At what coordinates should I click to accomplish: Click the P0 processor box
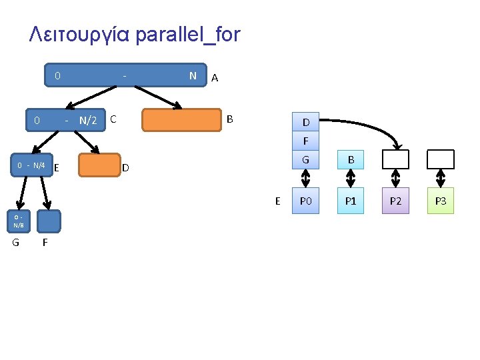pyautogui.click(x=305, y=201)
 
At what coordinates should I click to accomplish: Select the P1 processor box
pyautogui.click(x=351, y=201)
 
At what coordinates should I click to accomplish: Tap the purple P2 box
pyautogui.click(x=395, y=201)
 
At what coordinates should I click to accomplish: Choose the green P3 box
pyautogui.click(x=440, y=201)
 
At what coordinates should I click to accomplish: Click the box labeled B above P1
pyautogui.click(x=351, y=159)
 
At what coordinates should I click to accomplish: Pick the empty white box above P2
pyautogui.click(x=395, y=159)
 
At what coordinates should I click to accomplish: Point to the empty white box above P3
pyautogui.click(x=440, y=159)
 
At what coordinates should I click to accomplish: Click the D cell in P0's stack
pyautogui.click(x=305, y=123)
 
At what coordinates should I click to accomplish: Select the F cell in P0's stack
pyautogui.click(x=305, y=141)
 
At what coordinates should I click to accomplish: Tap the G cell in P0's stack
pyautogui.click(x=305, y=159)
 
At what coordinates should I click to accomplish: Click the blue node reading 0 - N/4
pyautogui.click(x=31, y=165)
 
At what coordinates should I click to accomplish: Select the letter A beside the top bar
pyautogui.click(x=214, y=78)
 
